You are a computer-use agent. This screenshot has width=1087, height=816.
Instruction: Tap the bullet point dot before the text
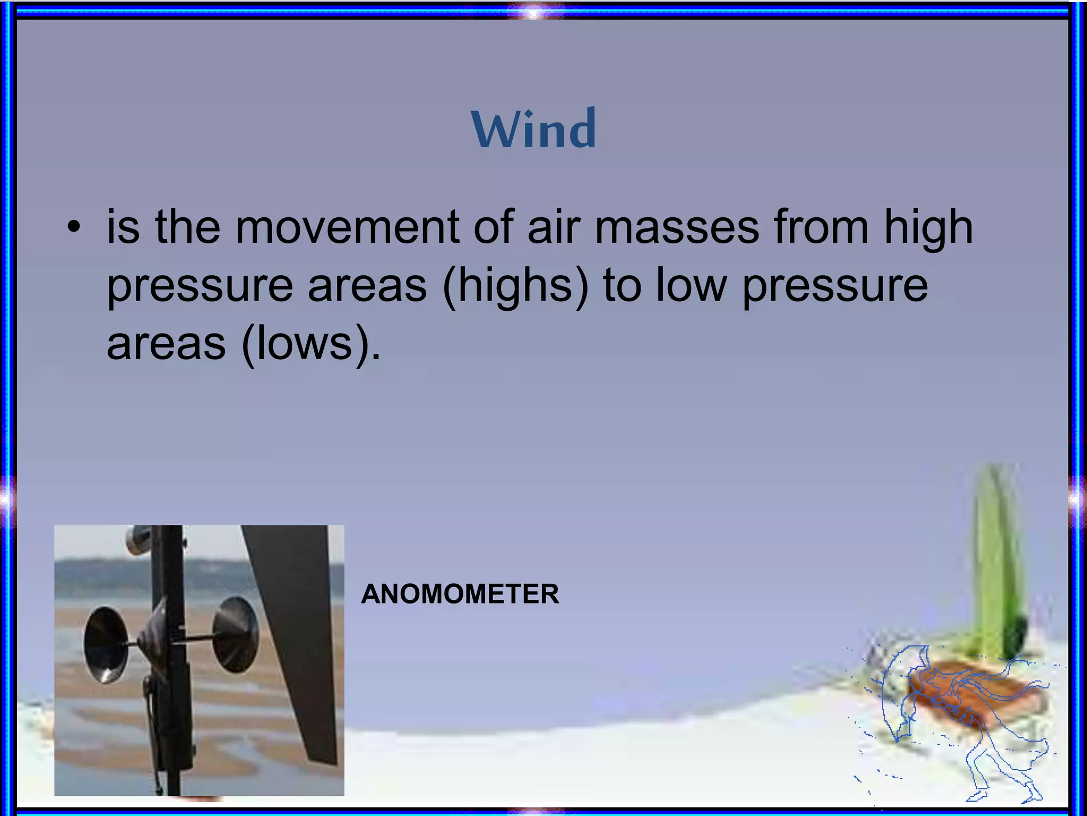(74, 228)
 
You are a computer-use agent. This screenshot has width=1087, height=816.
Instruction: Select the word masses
(677, 227)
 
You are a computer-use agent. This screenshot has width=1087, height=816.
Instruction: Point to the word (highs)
(515, 286)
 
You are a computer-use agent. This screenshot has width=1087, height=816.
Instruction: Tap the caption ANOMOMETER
(460, 594)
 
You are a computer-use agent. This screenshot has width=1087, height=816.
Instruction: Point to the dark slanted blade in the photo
(297, 627)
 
